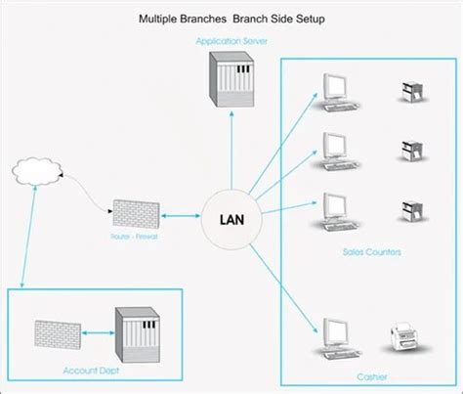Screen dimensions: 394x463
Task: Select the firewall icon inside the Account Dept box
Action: [56, 332]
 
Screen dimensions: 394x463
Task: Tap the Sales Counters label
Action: [370, 251]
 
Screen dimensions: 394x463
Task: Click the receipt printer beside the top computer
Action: [408, 91]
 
